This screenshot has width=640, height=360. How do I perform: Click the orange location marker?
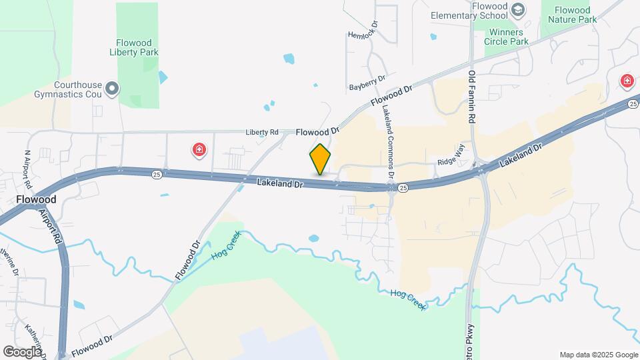[321, 159]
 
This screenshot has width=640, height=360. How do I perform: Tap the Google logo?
[22, 351]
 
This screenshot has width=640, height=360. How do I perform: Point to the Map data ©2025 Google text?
[598, 355]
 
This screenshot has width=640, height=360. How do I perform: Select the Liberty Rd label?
[261, 132]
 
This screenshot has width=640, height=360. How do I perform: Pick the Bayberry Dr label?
[367, 83]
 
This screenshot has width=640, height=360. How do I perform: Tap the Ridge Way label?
[449, 162]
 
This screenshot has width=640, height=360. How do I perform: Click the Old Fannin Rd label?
[472, 97]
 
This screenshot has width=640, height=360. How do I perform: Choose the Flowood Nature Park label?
[571, 15]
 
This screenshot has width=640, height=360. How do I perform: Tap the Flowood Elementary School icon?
[518, 10]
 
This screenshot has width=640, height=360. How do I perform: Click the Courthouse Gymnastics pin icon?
[113, 88]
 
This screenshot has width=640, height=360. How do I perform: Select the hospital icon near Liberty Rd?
[199, 150]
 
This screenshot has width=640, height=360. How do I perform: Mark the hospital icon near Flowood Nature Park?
[627, 81]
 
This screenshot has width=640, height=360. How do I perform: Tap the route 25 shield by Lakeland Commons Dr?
[403, 189]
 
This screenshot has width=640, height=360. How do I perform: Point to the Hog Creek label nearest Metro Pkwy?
[407, 299]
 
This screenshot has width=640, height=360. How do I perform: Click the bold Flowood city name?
[35, 199]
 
